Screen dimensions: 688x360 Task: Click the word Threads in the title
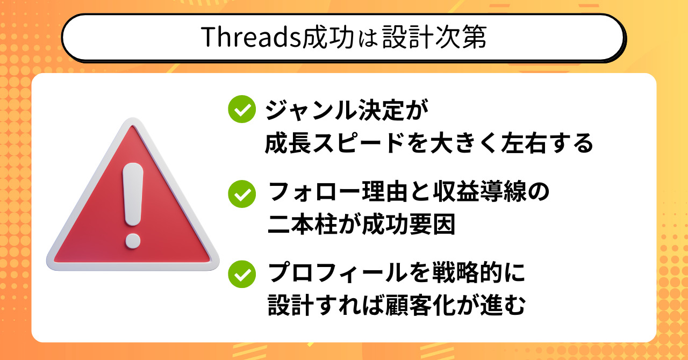click(x=251, y=37)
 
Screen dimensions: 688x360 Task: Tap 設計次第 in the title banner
click(x=435, y=37)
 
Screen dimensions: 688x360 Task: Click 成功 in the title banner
click(x=328, y=37)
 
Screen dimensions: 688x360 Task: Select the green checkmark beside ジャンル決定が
click(x=242, y=109)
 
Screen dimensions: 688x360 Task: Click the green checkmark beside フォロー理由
click(x=242, y=194)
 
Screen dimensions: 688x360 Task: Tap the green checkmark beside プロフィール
click(x=242, y=274)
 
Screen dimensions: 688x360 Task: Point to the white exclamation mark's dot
click(x=133, y=241)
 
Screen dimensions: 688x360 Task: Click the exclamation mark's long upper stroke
click(x=133, y=195)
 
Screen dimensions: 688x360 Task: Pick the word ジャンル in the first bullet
click(x=311, y=110)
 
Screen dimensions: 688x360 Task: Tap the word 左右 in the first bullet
click(x=524, y=143)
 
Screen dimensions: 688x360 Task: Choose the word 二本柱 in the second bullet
click(x=303, y=224)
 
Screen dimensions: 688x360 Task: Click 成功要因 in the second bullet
click(x=409, y=224)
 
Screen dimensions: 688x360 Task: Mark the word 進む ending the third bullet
click(x=503, y=305)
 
